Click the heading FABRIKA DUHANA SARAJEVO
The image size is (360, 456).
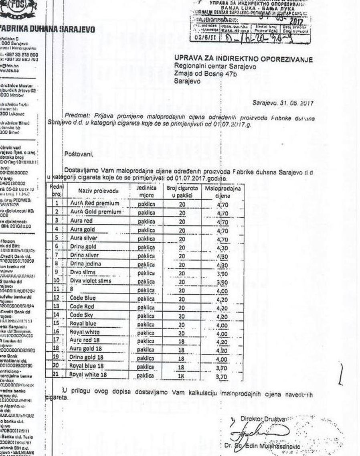(47, 29)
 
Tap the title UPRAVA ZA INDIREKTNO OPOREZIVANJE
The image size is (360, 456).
(243, 60)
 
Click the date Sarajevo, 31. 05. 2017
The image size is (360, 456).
(283, 103)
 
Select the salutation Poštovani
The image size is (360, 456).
(79, 153)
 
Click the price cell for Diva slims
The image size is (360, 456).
(222, 273)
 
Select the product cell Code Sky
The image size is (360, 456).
(82, 315)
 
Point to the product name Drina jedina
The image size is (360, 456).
(85, 264)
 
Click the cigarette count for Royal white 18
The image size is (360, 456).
(181, 376)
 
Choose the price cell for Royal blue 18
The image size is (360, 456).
(221, 367)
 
